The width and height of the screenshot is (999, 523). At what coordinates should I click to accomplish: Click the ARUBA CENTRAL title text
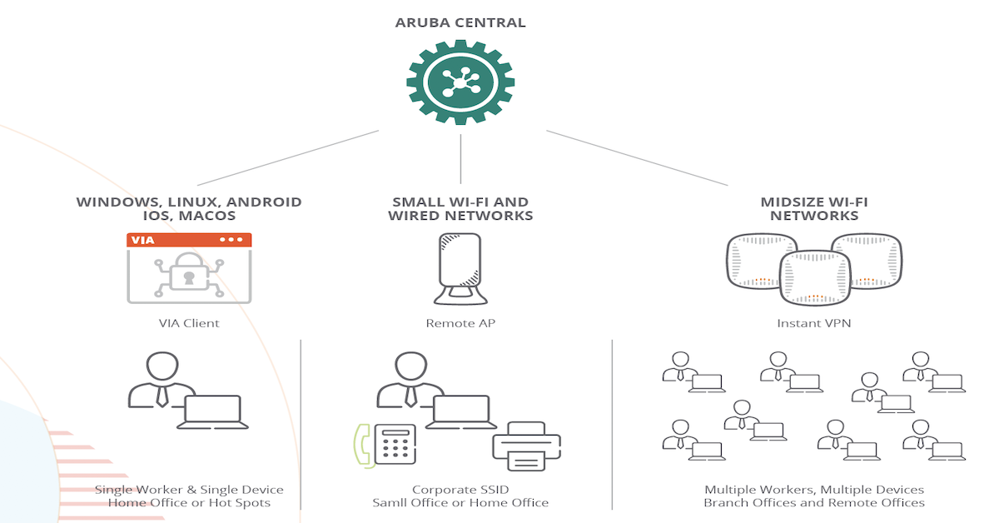pyautogui.click(x=460, y=22)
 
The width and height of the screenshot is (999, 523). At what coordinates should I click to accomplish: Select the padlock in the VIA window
pyautogui.click(x=189, y=276)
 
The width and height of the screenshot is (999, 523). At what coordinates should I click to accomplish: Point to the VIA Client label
pyautogui.click(x=189, y=323)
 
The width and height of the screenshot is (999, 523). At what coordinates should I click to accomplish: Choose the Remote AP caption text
pyautogui.click(x=460, y=323)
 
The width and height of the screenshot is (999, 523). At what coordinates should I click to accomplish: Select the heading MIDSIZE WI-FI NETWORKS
pyautogui.click(x=813, y=208)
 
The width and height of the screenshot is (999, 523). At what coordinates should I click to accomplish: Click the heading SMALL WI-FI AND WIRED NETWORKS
pyautogui.click(x=460, y=208)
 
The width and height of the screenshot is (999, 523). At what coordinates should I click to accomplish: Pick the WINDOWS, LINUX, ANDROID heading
pyautogui.click(x=189, y=202)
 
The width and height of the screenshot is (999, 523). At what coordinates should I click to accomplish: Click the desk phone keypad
pyautogui.click(x=395, y=444)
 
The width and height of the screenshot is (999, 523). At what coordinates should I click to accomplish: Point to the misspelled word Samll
pyautogui.click(x=390, y=502)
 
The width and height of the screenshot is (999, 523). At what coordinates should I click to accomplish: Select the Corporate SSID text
pyautogui.click(x=460, y=490)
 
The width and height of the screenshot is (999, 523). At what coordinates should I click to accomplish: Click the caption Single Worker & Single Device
pyautogui.click(x=189, y=490)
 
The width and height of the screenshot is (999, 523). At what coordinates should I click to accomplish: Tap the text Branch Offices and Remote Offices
pyautogui.click(x=813, y=502)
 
